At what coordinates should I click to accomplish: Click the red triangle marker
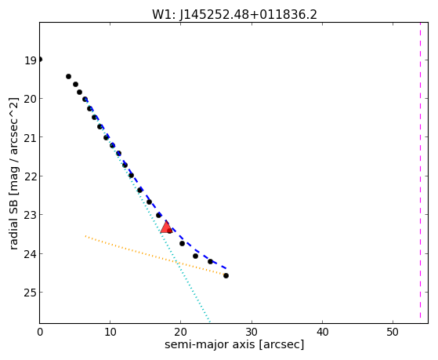coord(166,227)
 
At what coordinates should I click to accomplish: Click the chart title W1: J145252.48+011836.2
coord(234,14)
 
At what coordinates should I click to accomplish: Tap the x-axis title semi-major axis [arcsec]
coord(234,344)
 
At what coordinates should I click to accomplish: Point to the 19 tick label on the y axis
coord(31,60)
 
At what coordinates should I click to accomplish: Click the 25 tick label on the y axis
coord(31,293)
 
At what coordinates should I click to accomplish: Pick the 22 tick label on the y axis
coord(31,176)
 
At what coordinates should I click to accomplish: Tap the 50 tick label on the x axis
coord(393,332)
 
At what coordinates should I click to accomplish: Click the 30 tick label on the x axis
coord(252,332)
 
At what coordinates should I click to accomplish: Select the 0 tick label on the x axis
coord(40,332)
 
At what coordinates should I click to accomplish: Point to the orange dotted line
coord(155,256)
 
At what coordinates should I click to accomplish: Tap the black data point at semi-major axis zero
coord(40,60)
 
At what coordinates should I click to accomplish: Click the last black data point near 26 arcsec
coord(226,276)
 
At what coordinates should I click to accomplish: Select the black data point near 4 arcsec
coord(68,76)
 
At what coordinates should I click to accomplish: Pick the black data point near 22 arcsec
coord(196,256)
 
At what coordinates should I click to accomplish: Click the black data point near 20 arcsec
coord(182,244)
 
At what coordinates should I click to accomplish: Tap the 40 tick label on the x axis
coord(322,332)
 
